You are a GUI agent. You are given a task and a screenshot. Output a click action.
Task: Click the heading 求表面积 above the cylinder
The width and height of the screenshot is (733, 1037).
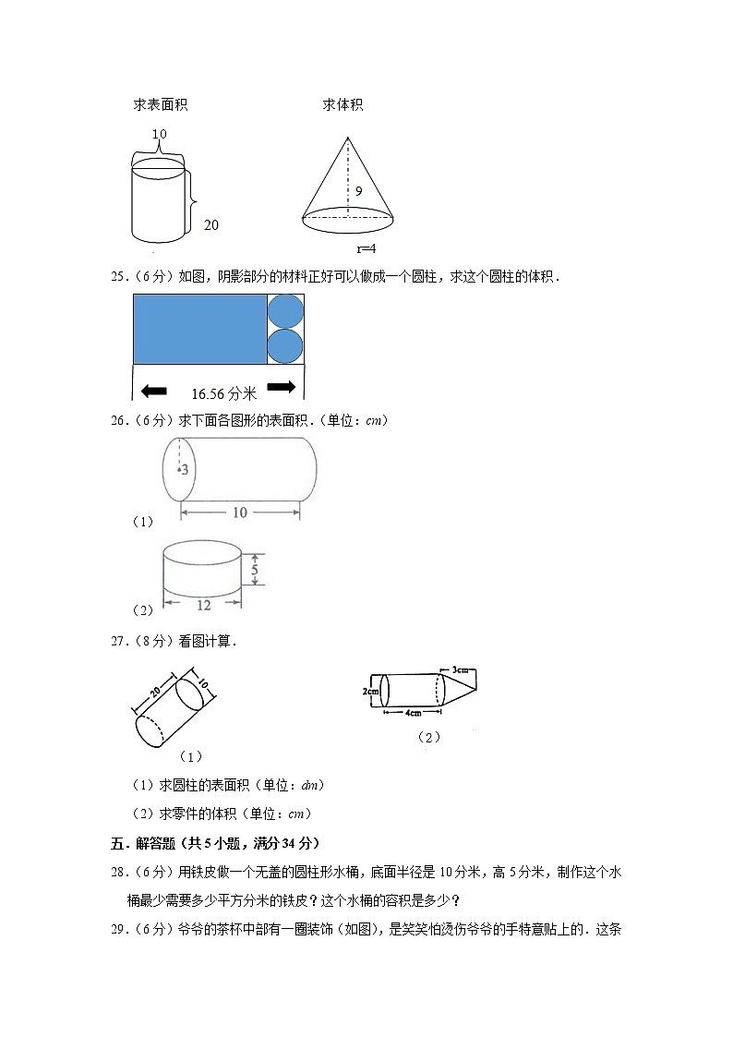coord(161,105)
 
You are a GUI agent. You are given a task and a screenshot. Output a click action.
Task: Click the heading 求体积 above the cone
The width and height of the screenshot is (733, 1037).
coord(342,105)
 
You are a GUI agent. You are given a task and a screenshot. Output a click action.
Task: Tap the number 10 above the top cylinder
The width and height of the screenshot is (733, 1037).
coord(159,135)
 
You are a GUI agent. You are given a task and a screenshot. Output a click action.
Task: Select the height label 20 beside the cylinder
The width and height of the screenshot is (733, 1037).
coord(211,224)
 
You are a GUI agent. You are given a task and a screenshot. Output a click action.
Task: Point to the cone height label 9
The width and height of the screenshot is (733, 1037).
coord(357,192)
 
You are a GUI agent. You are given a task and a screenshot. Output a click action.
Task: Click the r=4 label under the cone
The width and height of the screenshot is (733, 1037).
coord(366,248)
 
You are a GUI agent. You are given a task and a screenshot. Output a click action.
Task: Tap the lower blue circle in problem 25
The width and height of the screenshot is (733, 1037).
coord(285,346)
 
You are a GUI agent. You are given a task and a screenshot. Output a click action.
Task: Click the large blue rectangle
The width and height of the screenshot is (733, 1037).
coord(199,329)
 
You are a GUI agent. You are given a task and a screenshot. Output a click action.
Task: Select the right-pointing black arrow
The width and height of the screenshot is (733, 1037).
coord(281,387)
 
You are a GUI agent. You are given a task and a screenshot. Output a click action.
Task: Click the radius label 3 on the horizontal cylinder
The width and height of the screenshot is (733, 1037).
coord(185,470)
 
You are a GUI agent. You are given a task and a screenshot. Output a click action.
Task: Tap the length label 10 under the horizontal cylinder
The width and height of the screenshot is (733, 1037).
coord(239,512)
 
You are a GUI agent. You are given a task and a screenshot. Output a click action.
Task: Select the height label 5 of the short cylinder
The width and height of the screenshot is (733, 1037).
coord(255,571)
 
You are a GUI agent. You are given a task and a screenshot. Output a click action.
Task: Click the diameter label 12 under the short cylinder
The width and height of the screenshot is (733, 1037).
coord(203,605)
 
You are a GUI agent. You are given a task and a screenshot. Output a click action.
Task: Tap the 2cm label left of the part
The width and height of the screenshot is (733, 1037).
coord(370,690)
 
